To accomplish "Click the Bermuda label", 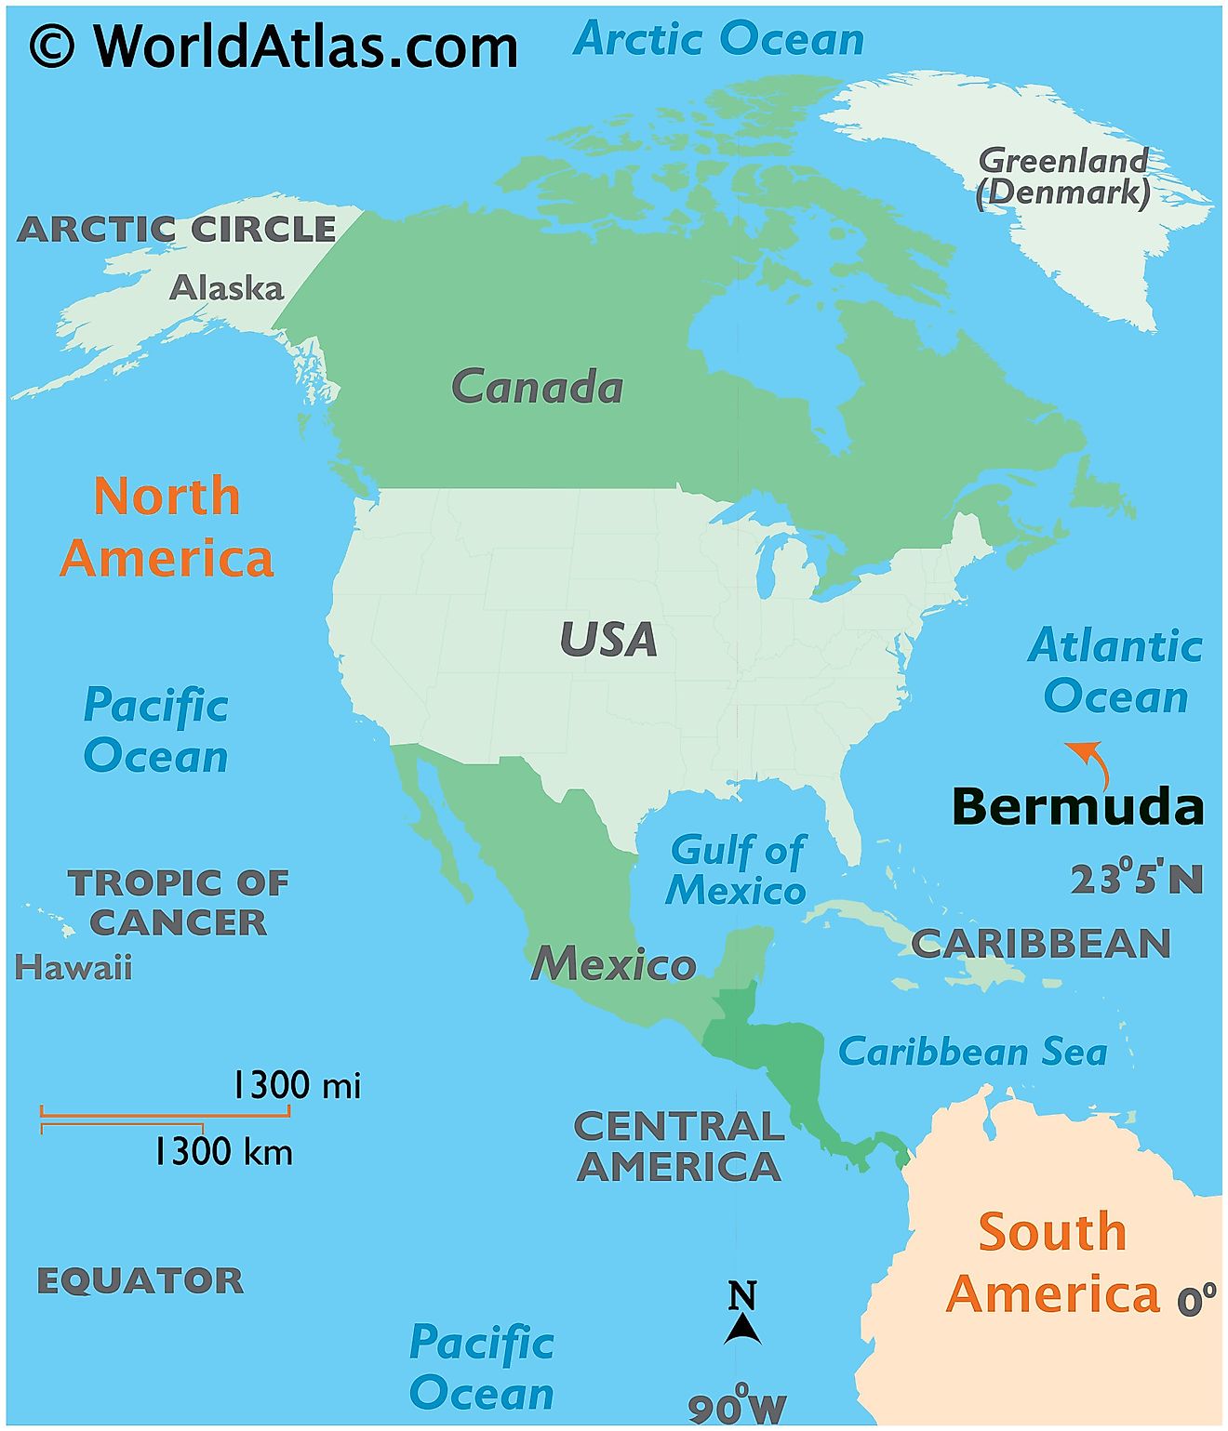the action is tap(1077, 806).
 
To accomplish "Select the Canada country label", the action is tap(537, 387).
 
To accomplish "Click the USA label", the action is tap(607, 640).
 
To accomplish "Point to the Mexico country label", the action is tap(613, 963).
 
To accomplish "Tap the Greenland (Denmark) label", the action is tap(1063, 176).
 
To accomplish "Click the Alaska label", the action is tap(226, 287).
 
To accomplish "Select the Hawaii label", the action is tap(73, 968).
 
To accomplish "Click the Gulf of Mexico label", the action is tap(737, 870).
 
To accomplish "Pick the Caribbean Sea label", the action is tap(972, 1052).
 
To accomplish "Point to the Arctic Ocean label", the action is tap(718, 39).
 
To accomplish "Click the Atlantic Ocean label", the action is tap(1115, 670).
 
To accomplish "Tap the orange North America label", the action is tap(167, 526).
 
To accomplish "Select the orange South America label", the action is tap(1053, 1263).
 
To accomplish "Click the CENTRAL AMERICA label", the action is tap(679, 1146).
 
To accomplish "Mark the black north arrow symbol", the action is tap(742, 1328).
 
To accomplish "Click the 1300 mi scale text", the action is tap(295, 1085).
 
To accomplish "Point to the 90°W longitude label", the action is tap(737, 1407).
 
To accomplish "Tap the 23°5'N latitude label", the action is tap(1136, 879).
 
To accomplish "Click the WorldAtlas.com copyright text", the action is tap(274, 46).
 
